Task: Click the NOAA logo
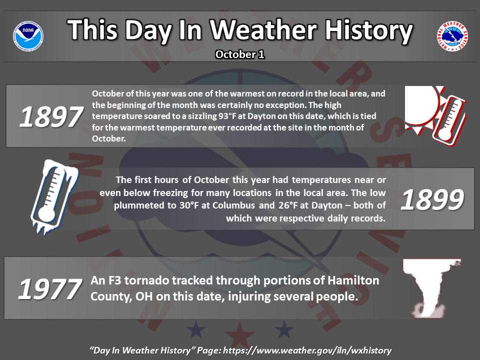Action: pyautogui.click(x=28, y=36)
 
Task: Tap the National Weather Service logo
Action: pyautogui.click(x=452, y=36)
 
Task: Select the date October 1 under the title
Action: pyautogui.click(x=239, y=54)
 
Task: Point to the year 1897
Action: pyautogui.click(x=51, y=116)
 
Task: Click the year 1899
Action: pyautogui.click(x=432, y=200)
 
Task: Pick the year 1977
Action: pyautogui.click(x=50, y=289)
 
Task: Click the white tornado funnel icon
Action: pyautogui.click(x=431, y=288)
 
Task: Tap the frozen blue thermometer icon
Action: pyautogui.click(x=54, y=197)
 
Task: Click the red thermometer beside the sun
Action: pyautogui.click(x=449, y=121)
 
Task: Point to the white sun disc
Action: pyautogui.click(x=421, y=104)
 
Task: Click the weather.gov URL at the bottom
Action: pyautogui.click(x=307, y=350)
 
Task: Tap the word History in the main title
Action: pyautogui.click(x=369, y=30)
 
